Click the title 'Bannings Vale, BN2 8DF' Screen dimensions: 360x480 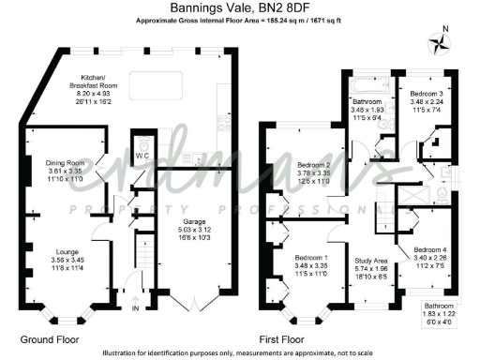coord(239,7)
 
